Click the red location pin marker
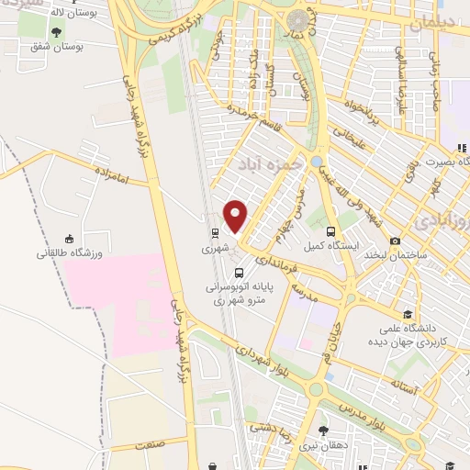(236, 217)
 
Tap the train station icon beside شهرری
(213, 232)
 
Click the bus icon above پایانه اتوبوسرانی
(239, 273)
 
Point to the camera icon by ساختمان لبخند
(395, 241)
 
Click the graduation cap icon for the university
(407, 313)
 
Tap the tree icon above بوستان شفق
(57, 33)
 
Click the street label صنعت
(148, 443)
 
